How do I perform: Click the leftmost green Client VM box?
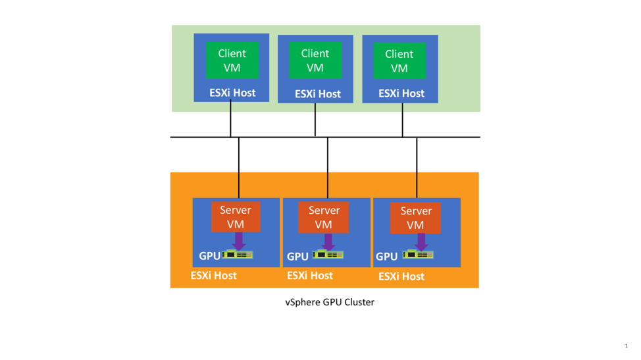232,61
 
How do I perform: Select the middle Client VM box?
315,61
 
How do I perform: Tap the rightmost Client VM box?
399,61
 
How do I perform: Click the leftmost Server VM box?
236,217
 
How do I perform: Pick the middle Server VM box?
324,217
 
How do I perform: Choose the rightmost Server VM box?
415,218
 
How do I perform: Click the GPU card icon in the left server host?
238,255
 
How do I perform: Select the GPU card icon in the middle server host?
328,255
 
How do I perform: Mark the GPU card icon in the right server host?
418,255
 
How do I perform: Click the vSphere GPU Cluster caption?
329,302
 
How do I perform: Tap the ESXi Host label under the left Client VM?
232,93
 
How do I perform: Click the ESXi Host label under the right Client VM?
401,93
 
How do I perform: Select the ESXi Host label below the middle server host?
310,275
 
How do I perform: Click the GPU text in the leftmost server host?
209,256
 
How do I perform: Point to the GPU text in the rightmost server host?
386,257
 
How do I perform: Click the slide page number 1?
626,346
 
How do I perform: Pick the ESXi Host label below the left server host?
213,275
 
